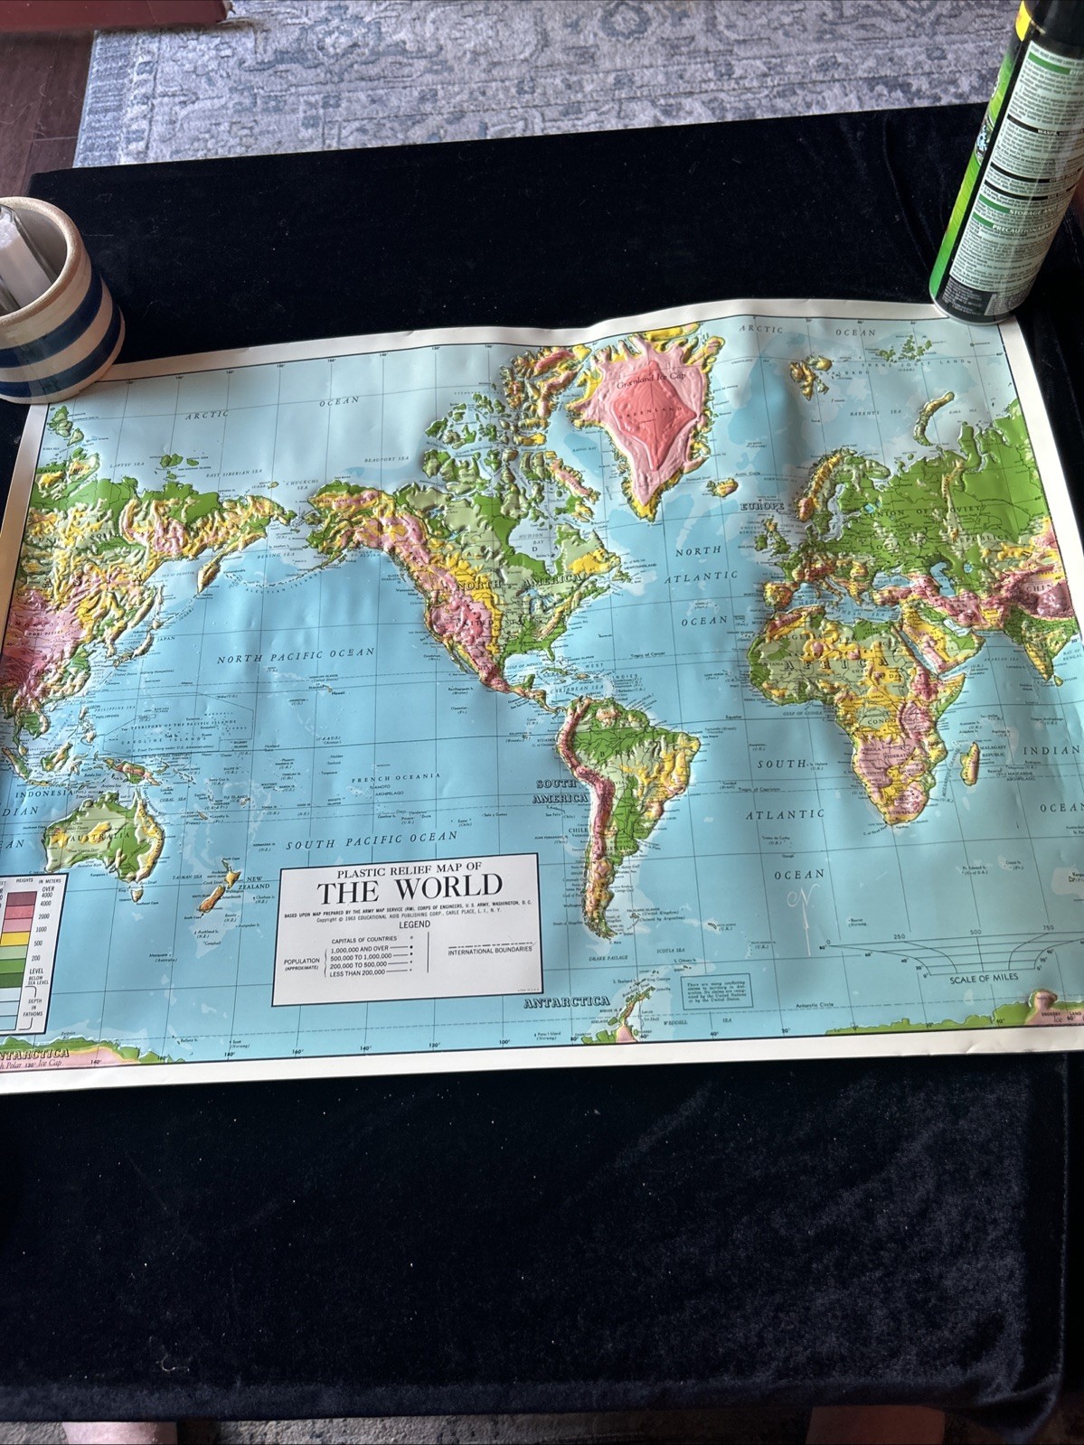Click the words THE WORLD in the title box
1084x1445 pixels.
click(409, 887)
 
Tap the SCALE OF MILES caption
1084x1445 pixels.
click(983, 977)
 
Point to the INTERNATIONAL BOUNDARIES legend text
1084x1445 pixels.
click(491, 950)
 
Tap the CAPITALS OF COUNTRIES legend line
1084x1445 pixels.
click(360, 940)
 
